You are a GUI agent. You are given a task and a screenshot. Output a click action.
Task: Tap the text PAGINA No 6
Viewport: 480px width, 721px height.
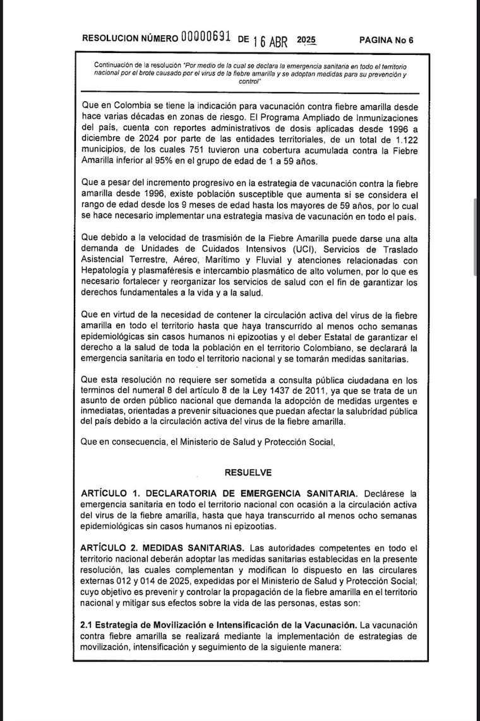(x=386, y=40)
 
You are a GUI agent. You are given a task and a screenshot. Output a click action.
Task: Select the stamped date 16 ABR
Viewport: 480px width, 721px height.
(x=270, y=41)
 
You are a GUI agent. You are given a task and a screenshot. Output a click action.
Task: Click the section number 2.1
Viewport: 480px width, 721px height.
(x=87, y=624)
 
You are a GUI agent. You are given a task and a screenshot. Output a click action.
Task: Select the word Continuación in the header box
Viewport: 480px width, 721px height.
(x=114, y=65)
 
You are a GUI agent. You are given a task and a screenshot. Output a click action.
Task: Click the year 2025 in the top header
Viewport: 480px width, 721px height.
(x=306, y=39)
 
